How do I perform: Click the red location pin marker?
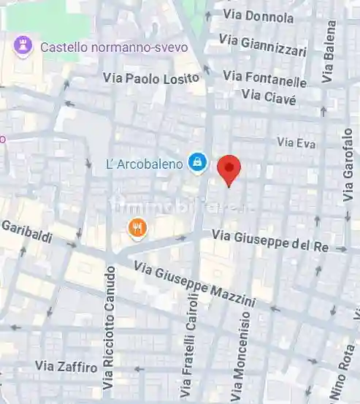point(229,169)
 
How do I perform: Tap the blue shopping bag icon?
point(196,162)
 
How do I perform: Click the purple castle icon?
point(23,47)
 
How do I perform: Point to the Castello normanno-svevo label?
point(113,47)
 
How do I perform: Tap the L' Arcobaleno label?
point(144,164)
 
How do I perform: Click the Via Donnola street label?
point(258,15)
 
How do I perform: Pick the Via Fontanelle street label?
point(264,77)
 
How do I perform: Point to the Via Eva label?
point(296,143)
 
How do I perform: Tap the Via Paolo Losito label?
point(151,77)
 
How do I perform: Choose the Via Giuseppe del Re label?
point(270,240)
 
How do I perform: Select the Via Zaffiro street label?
point(66,366)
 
